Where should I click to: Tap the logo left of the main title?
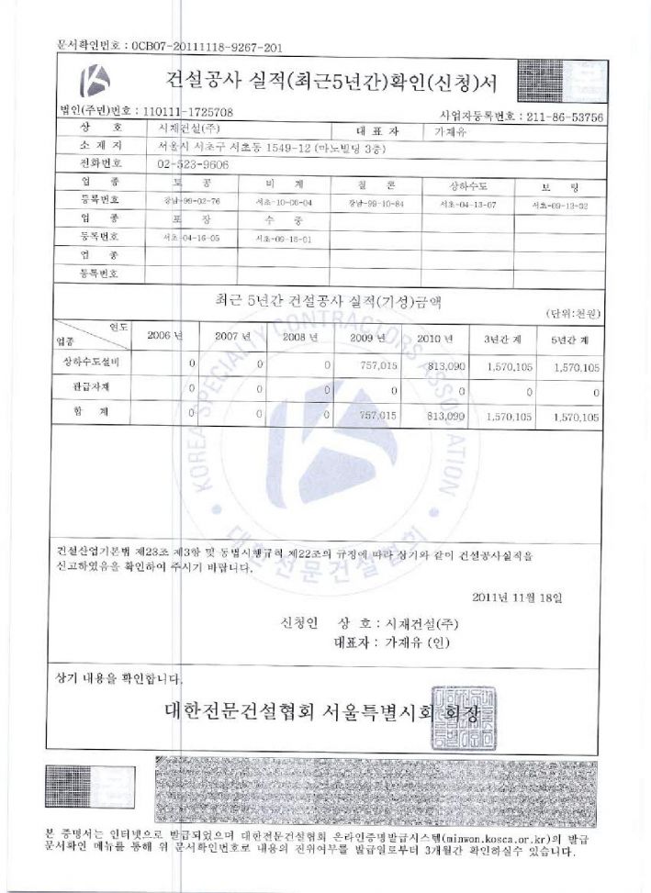(95, 82)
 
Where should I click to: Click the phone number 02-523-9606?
(194, 164)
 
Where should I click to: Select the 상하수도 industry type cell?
(466, 185)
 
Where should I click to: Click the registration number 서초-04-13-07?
(466, 204)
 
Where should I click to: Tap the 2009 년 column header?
(373, 337)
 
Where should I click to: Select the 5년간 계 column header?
(577, 339)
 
